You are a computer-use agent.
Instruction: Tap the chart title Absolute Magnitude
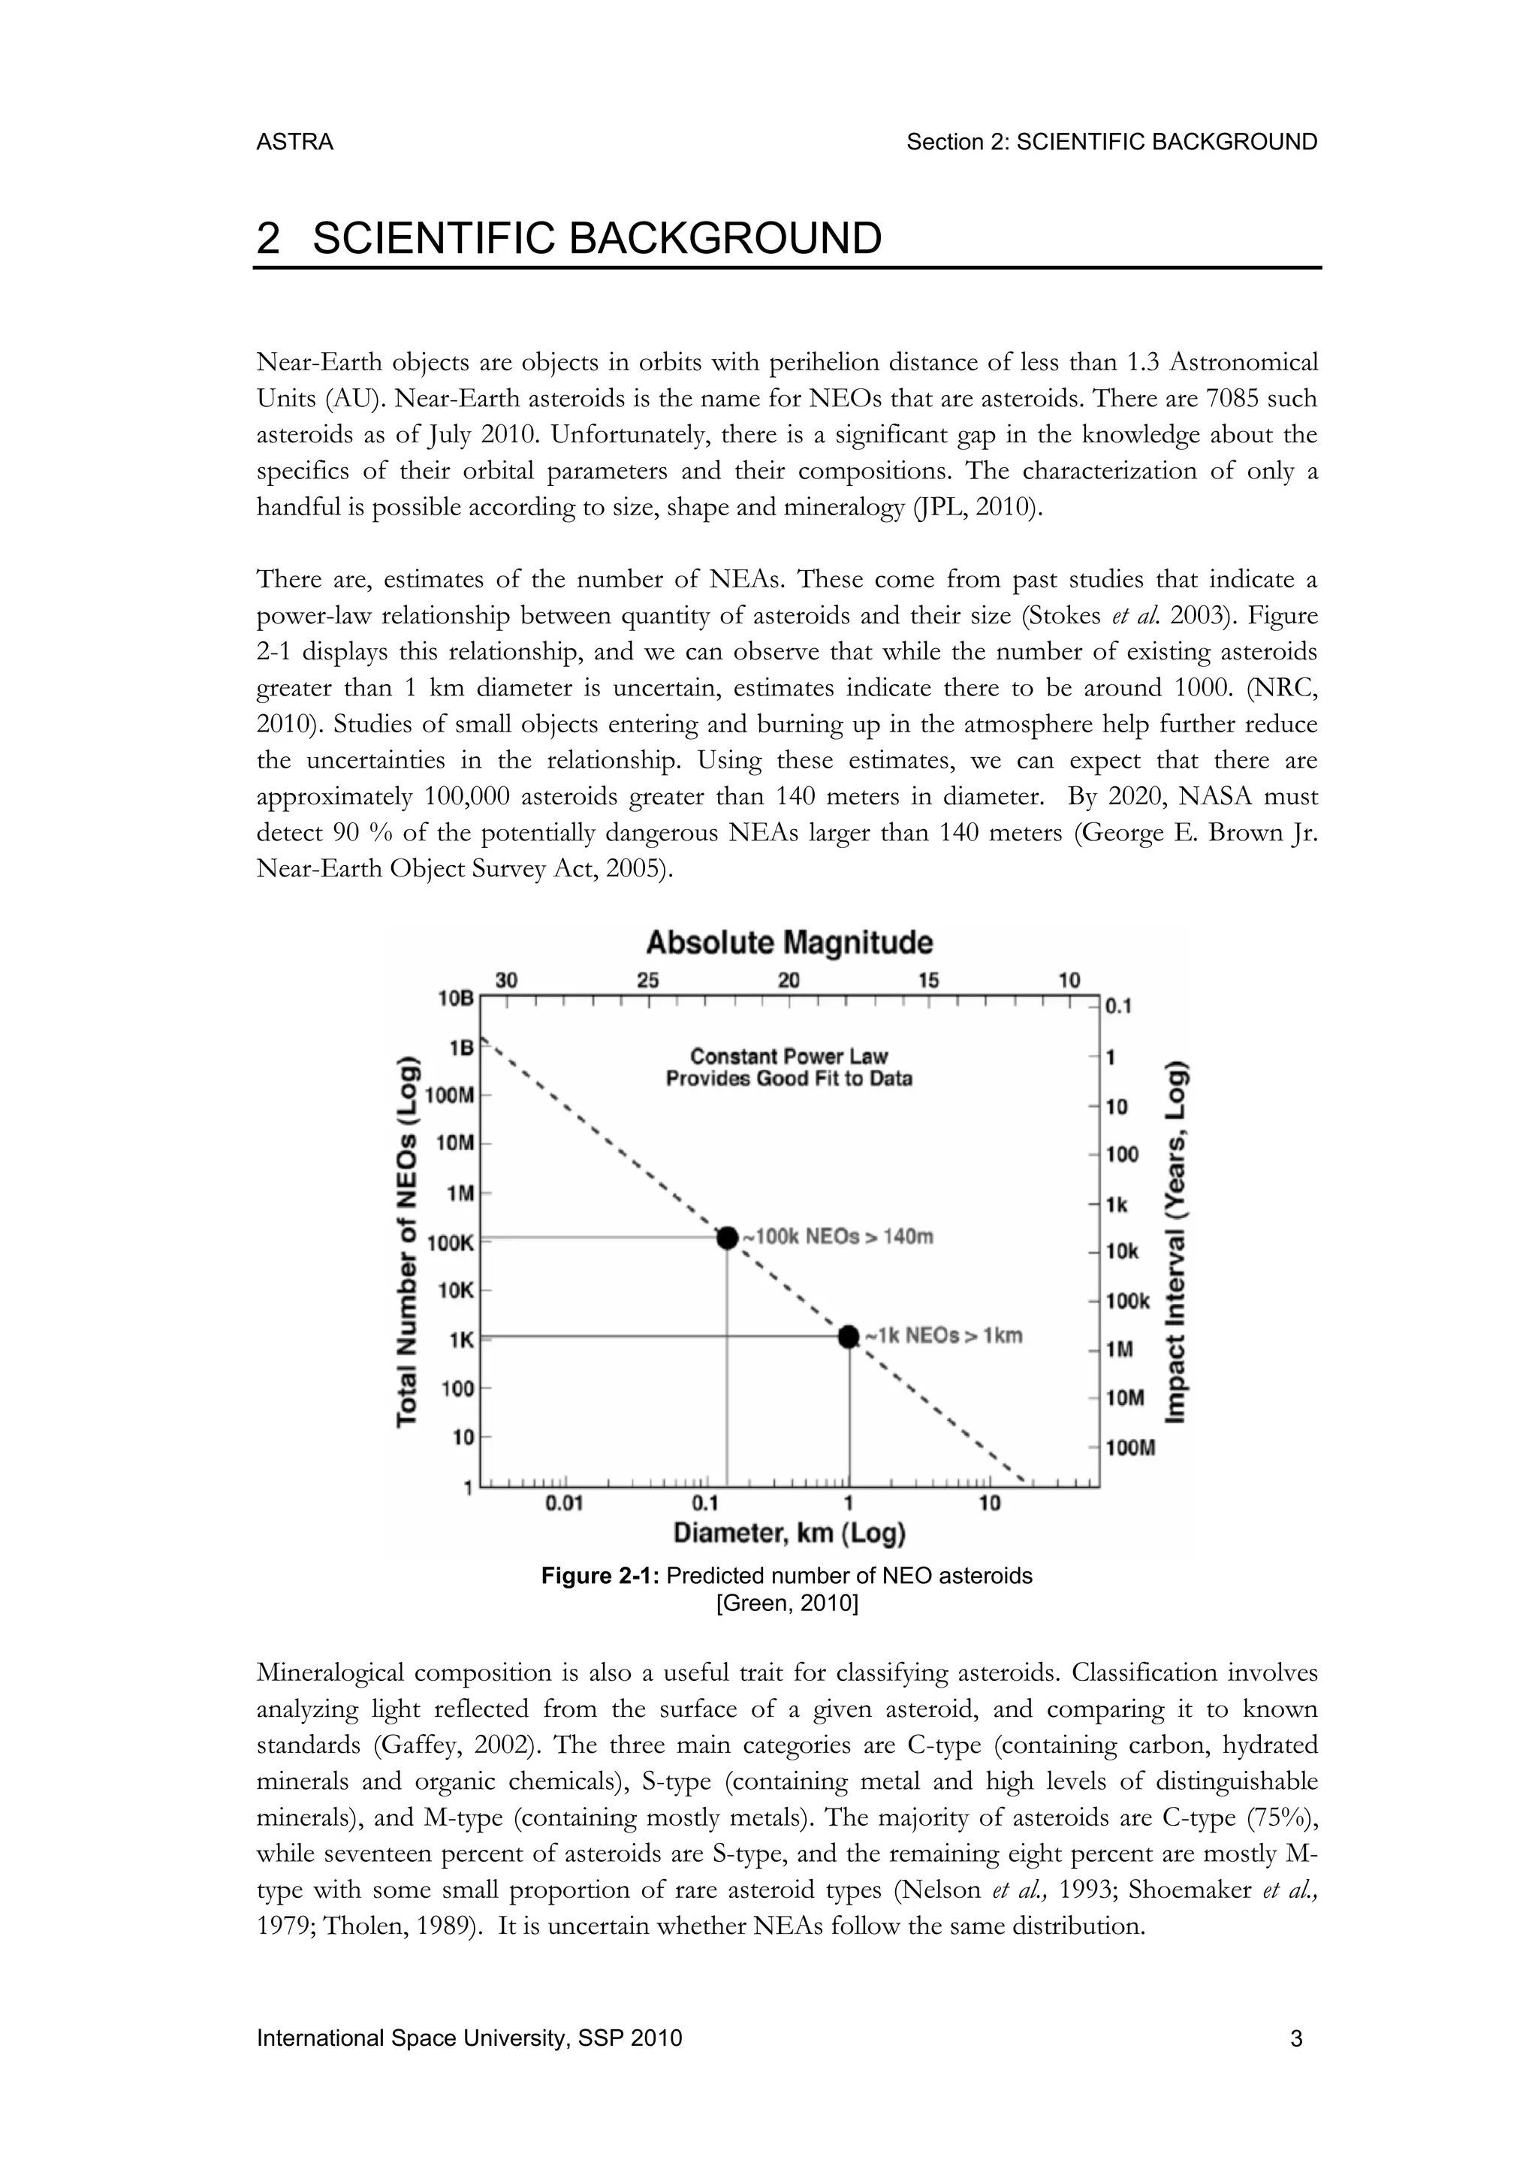pos(789,943)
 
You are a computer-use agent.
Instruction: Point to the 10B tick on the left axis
pos(454,997)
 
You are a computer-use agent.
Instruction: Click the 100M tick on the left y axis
pos(449,1095)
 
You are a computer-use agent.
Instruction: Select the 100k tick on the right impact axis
pos(1127,1302)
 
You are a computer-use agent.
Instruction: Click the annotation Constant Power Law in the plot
pos(789,1055)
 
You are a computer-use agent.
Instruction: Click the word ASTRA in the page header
pos(294,142)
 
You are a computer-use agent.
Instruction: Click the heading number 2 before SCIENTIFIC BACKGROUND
pos(268,238)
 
